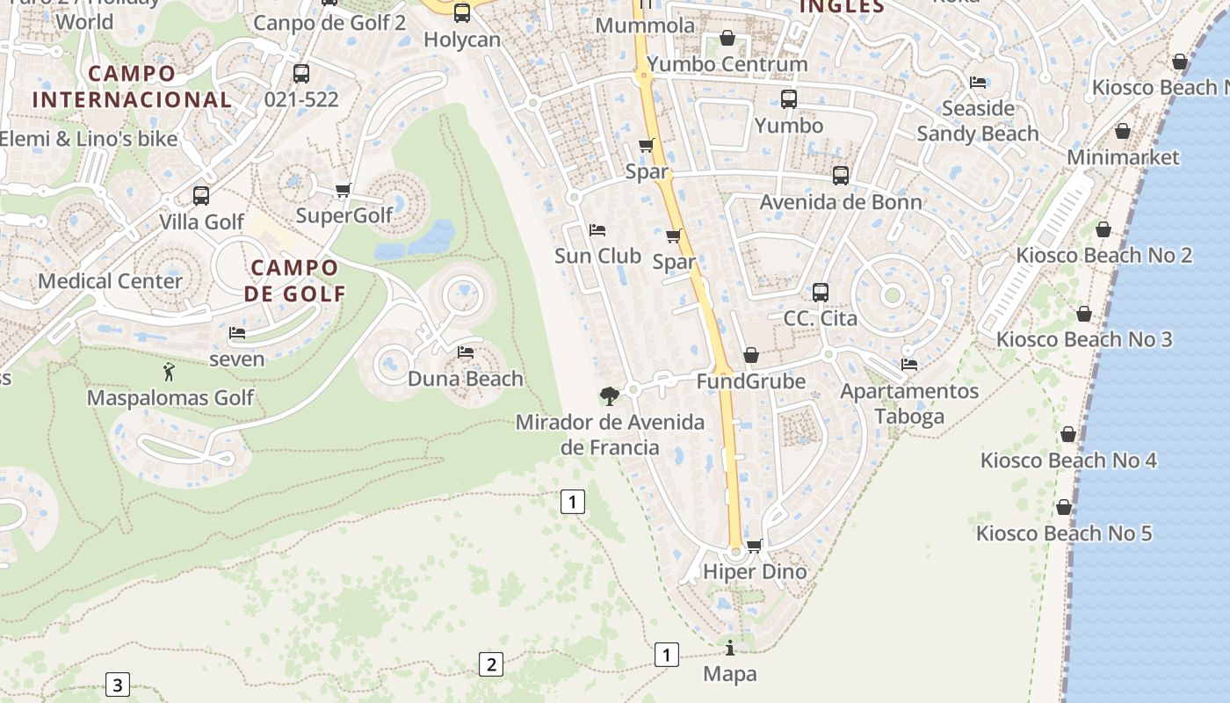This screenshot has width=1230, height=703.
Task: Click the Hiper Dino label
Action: coord(755,572)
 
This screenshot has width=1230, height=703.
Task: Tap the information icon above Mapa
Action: coord(730,649)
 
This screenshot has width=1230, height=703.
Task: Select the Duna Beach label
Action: coord(466,380)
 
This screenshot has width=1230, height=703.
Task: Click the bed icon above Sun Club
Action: coord(597,230)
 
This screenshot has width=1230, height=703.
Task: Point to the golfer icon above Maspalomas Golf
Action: coord(169,372)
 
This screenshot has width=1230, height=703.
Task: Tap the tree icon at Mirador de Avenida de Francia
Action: coord(609,396)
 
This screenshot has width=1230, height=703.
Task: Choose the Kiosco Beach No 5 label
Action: coord(1064,533)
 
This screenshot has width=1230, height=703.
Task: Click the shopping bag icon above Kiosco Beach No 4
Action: coord(1068,434)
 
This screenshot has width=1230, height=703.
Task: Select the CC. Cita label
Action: coord(820,318)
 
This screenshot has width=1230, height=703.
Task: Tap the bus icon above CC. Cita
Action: coord(820,293)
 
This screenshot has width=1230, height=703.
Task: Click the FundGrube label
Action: coord(750,381)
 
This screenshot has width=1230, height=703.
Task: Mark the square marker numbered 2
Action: coord(490,664)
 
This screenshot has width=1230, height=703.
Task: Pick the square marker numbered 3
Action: coord(117,684)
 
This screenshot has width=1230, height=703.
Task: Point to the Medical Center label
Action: coord(110,281)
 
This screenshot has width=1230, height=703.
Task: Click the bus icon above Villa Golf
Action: coord(201,196)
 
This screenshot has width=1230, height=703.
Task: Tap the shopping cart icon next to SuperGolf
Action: coord(344,191)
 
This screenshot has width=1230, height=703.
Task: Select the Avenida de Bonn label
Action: coord(841,202)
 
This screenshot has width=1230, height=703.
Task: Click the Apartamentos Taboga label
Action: coord(909,403)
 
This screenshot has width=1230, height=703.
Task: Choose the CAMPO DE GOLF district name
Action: coord(293,280)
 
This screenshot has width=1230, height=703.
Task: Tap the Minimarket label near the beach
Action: coord(1123,157)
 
